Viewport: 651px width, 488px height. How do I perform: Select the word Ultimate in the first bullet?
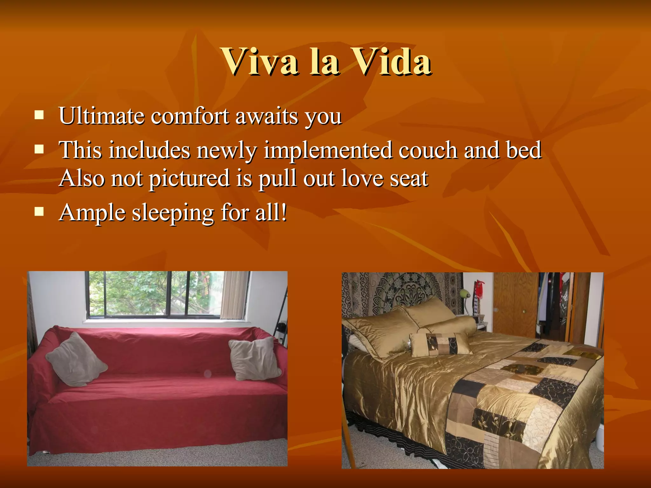101,116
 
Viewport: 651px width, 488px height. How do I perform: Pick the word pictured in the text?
189,179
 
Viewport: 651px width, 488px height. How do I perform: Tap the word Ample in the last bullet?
92,213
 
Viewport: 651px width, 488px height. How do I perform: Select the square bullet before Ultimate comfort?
39,115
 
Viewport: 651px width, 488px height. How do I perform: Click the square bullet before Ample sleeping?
39,212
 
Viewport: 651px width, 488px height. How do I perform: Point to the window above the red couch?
153,294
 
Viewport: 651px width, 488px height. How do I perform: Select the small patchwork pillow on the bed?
440,344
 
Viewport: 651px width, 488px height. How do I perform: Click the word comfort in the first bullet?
190,116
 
